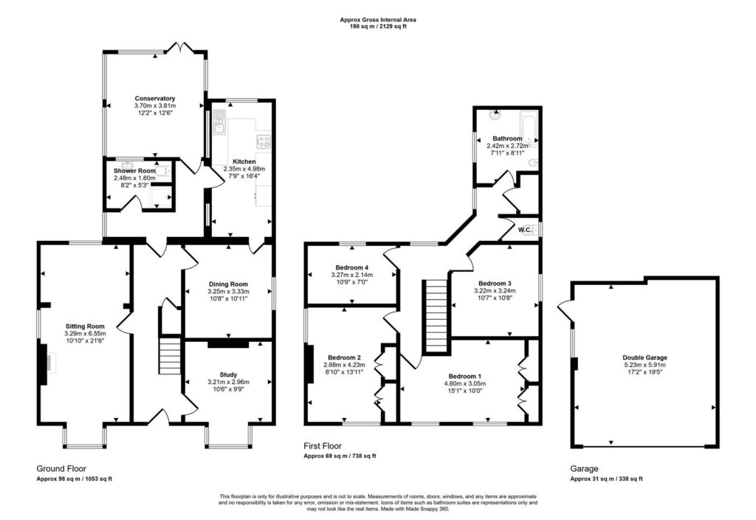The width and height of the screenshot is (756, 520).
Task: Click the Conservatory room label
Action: [x=155, y=98]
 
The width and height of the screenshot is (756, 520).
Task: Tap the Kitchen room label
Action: [x=244, y=162]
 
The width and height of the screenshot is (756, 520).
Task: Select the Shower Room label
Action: [x=134, y=171]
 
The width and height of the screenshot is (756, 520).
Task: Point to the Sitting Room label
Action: [x=85, y=326]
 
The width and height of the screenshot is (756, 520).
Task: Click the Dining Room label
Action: [x=229, y=284]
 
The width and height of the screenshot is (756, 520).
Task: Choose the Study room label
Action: [x=229, y=374]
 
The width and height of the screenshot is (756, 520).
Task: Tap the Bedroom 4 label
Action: [x=352, y=267]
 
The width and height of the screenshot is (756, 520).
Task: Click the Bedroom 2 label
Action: [x=344, y=358]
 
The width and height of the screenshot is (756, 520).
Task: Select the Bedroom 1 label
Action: [x=465, y=377]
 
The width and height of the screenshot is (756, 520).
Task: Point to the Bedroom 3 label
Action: [x=495, y=284]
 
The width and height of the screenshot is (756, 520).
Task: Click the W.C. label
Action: [x=525, y=230]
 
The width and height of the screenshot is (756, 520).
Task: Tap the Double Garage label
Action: [x=645, y=358]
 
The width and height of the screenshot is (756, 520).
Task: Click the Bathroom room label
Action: [x=507, y=139]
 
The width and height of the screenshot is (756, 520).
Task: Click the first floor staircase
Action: [x=437, y=316]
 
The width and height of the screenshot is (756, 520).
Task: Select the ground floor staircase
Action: [x=170, y=356]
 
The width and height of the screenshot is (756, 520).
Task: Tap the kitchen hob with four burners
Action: [x=264, y=141]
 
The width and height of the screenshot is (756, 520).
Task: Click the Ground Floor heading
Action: [x=61, y=469]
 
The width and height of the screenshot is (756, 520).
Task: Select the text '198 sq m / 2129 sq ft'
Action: [x=378, y=27]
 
